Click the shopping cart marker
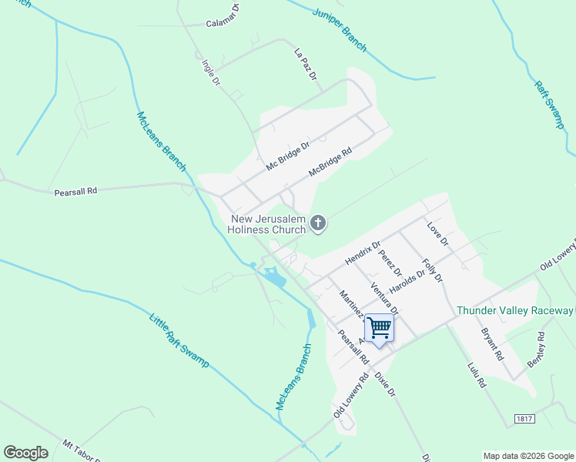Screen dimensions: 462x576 [x=379, y=328]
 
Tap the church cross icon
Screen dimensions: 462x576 [x=318, y=224]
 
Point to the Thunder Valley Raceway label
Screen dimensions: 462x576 [x=515, y=311]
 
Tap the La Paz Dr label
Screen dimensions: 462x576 [x=305, y=65]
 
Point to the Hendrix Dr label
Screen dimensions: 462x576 [x=363, y=254]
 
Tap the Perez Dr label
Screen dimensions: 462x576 [x=391, y=262]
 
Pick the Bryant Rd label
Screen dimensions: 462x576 [x=492, y=346]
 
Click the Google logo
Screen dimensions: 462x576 [x=25, y=453]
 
